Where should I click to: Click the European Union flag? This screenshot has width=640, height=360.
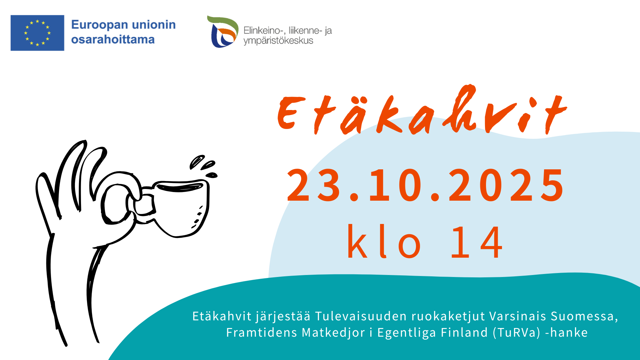(37, 33)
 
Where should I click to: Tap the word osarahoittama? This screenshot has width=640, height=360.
(113, 39)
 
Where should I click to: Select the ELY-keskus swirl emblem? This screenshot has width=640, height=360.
(223, 31)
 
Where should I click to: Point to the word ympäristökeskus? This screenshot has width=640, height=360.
(278, 41)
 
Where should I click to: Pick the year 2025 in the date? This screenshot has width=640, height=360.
(507, 185)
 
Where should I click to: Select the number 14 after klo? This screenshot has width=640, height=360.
(477, 242)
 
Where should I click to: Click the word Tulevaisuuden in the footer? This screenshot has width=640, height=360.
(361, 316)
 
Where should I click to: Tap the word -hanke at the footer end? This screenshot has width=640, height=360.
(567, 332)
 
